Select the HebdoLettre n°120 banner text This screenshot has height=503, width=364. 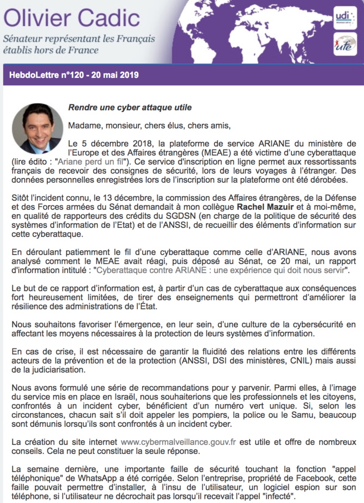pyautogui.click(x=74, y=75)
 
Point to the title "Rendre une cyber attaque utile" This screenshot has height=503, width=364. pyautogui.click(x=130, y=107)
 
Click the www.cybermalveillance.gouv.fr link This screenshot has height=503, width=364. pyautogui.click(x=178, y=442)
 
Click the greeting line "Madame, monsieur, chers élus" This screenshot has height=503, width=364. pyautogui.click(x=149, y=125)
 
